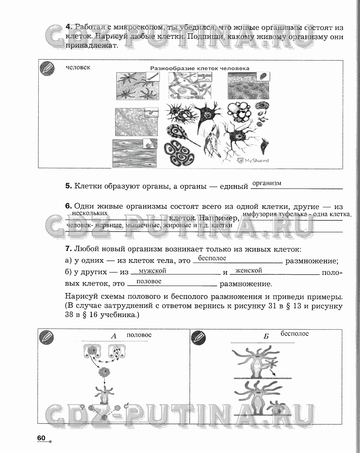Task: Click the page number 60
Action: pyautogui.click(x=41, y=438)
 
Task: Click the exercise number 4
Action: pyautogui.click(x=69, y=27)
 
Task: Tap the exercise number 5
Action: pyautogui.click(x=69, y=186)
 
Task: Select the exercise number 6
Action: pyautogui.click(x=69, y=207)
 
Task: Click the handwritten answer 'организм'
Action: pyautogui.click(x=266, y=183)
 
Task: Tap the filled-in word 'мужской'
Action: pyautogui.click(x=152, y=271)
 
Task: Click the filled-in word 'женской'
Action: pyautogui.click(x=248, y=270)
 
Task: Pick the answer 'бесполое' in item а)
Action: pyautogui.click(x=212, y=258)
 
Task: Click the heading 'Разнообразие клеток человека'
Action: pyautogui.click(x=200, y=68)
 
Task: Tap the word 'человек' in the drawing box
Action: pyautogui.click(x=78, y=67)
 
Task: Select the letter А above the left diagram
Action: pyautogui.click(x=113, y=336)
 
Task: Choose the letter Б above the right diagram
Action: pyautogui.click(x=266, y=337)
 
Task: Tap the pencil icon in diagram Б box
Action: pyautogui.click(x=199, y=338)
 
